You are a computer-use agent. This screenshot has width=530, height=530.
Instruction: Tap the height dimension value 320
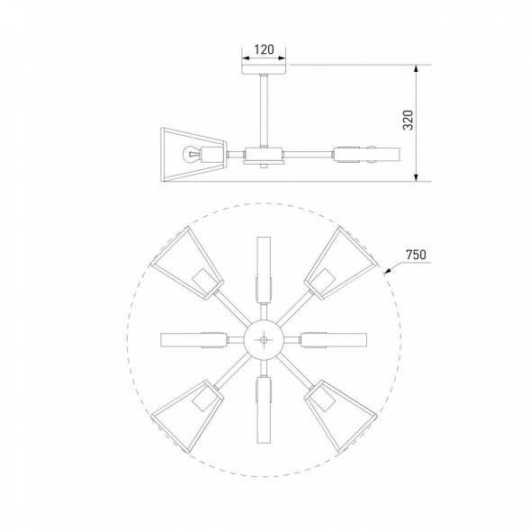408,121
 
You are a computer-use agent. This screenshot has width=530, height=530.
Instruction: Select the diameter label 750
416,255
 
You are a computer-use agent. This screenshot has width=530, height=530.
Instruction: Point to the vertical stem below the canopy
264,108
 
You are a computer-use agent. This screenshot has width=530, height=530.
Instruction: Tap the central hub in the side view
263,155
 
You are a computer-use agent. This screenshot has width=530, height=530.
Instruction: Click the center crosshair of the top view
264,339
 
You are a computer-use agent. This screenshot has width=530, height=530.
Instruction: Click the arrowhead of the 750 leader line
385,269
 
